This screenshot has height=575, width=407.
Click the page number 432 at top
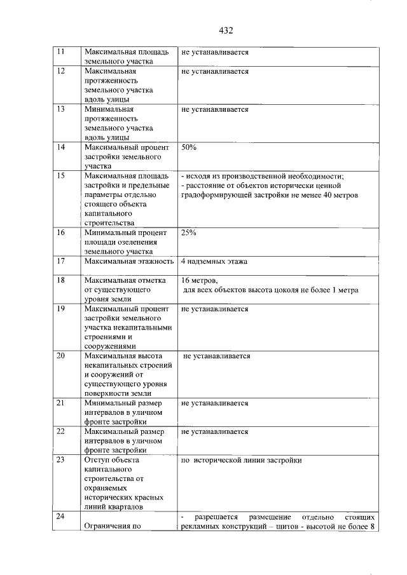point(226,30)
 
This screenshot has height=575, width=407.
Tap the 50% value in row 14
point(189,147)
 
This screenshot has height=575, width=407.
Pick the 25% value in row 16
point(189,233)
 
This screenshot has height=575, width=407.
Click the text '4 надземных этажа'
point(214,261)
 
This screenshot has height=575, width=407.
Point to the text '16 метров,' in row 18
point(200,280)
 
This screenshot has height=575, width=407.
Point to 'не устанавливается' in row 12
point(214,72)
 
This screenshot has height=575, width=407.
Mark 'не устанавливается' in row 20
point(216,356)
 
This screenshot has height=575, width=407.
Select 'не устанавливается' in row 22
point(214,431)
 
